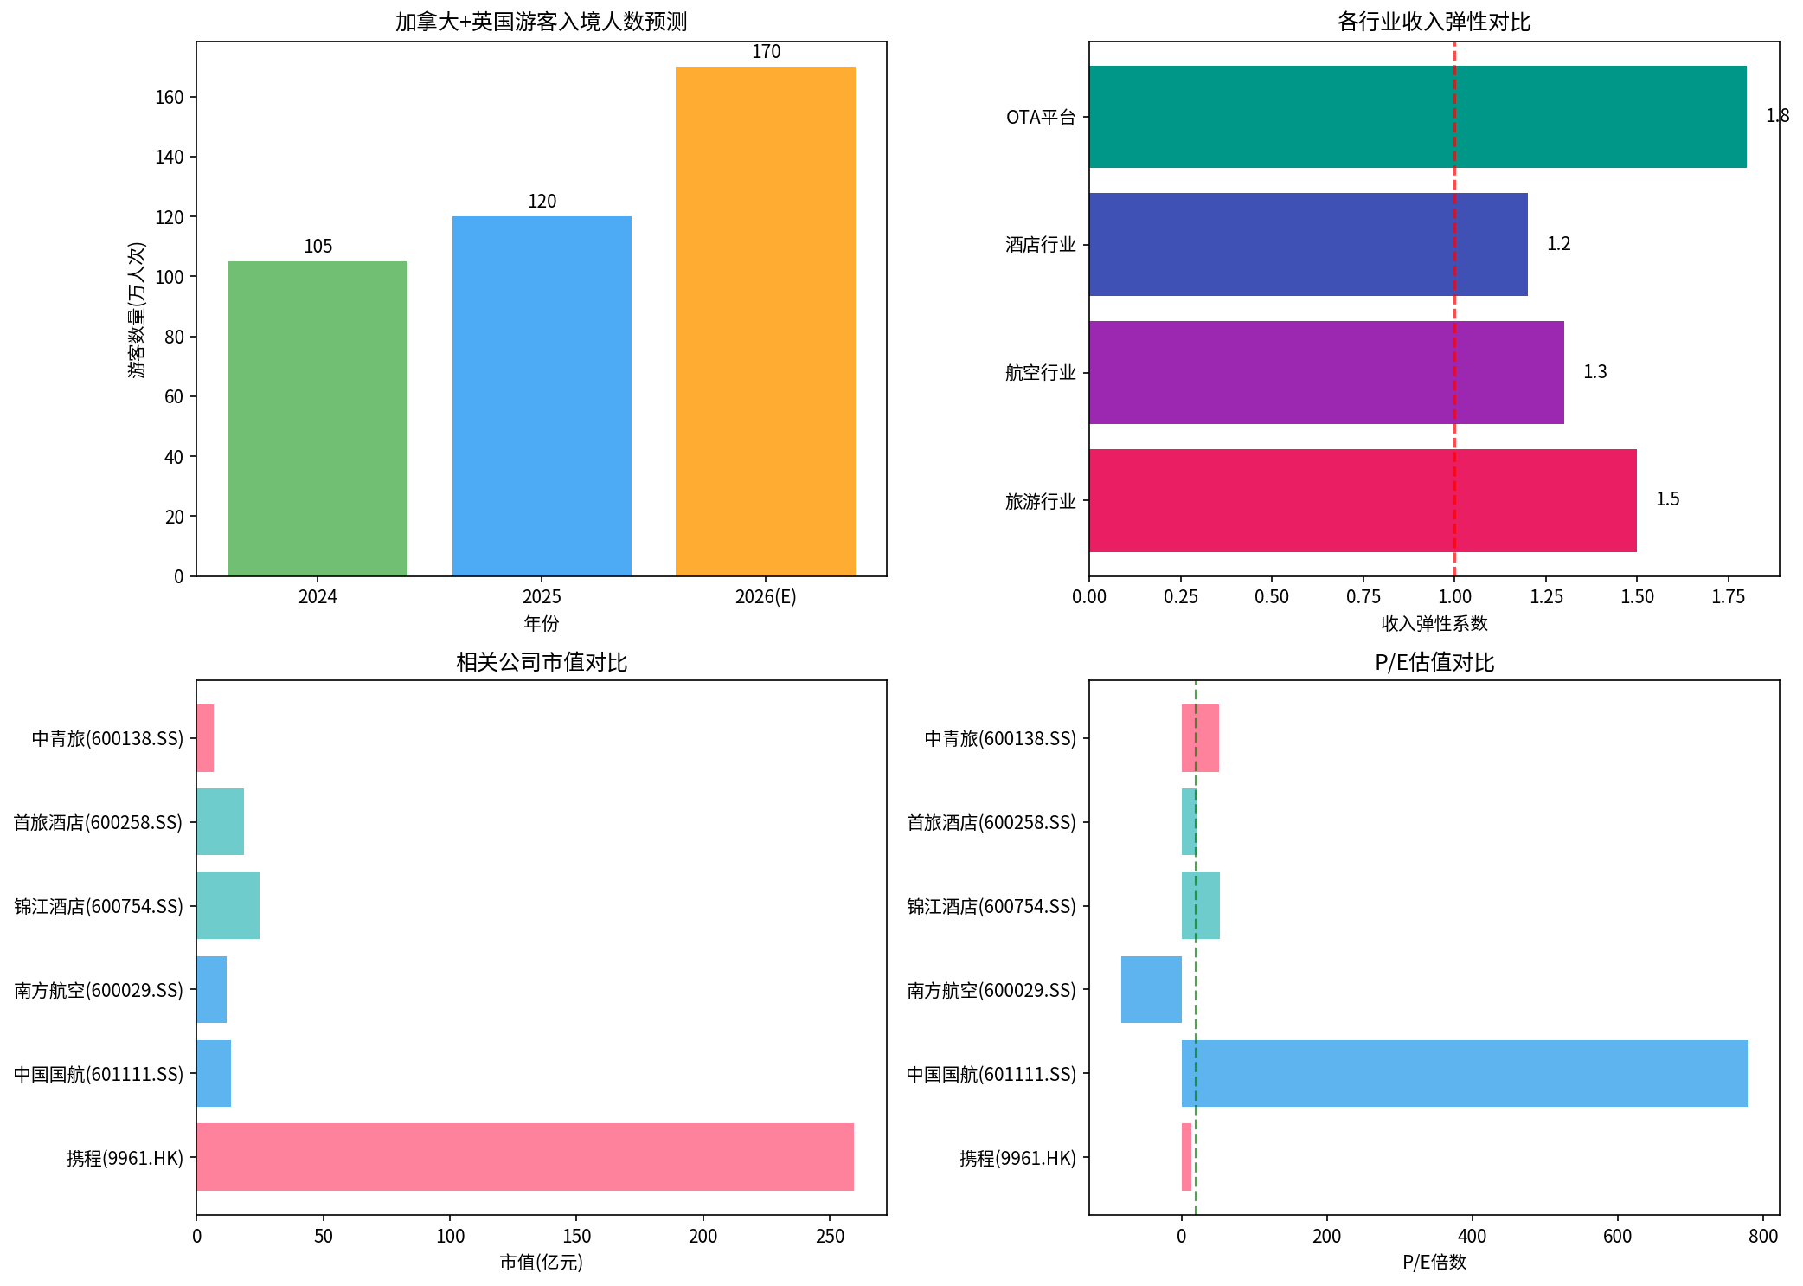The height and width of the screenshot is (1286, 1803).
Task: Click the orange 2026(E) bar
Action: tap(765, 321)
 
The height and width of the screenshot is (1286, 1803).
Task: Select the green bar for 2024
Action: tap(318, 419)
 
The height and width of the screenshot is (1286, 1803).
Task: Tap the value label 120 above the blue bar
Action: tap(542, 202)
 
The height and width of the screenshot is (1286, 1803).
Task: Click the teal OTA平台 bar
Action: tap(1417, 117)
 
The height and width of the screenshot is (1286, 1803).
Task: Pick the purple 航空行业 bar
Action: tap(1325, 372)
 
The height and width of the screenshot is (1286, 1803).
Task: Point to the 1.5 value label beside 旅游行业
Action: tap(1667, 499)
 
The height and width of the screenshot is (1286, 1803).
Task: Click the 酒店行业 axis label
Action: tap(1040, 245)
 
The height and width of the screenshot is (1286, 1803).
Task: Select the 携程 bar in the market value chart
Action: tap(524, 1157)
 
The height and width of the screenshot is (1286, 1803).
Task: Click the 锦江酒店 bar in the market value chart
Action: tap(228, 905)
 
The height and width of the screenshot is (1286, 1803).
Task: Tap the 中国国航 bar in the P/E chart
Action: tap(1464, 1073)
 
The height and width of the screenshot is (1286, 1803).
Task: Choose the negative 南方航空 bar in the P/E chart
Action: tap(1151, 989)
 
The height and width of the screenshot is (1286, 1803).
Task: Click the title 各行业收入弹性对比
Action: tap(1434, 22)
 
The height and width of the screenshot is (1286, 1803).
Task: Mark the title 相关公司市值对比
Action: tap(542, 662)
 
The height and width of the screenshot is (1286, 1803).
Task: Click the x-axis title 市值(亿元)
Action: tap(542, 1263)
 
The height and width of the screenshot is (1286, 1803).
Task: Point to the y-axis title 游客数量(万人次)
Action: tap(137, 309)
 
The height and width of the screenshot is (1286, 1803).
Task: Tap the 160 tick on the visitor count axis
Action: tap(170, 97)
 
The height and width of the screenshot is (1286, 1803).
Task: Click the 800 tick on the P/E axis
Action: tap(1762, 1236)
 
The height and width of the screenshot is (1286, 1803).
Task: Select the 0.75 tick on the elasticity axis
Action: tap(1363, 596)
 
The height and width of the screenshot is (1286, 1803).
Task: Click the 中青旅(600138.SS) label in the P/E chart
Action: tap(999, 738)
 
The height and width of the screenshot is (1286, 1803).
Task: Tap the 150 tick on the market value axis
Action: tap(576, 1236)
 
